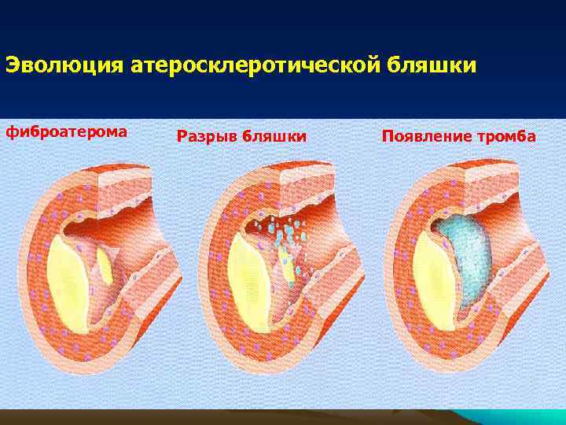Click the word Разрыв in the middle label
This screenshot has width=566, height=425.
207,137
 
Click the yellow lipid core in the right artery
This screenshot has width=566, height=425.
428,275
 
